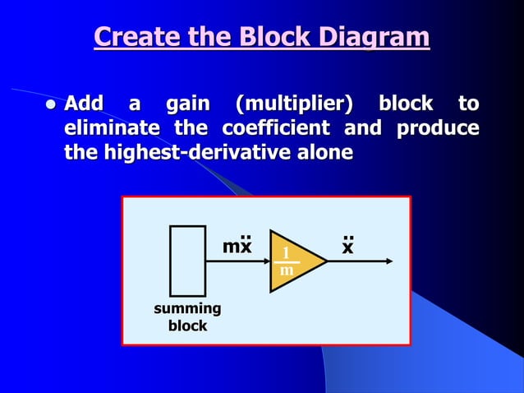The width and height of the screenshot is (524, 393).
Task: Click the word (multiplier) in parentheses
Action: point(296,104)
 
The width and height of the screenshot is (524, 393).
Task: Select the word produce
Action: point(438,129)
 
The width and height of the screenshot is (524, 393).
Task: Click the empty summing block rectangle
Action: point(187,261)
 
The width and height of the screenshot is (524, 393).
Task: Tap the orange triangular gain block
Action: point(294,261)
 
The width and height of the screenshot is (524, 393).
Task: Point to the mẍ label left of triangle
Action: point(237,246)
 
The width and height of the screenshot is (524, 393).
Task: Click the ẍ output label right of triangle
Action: point(348,246)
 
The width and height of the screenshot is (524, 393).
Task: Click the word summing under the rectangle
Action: point(187,309)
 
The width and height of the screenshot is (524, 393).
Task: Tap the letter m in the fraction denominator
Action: point(286,270)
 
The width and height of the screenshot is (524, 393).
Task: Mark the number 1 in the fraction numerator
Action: point(286,252)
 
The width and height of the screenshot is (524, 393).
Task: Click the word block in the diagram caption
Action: point(187,326)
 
